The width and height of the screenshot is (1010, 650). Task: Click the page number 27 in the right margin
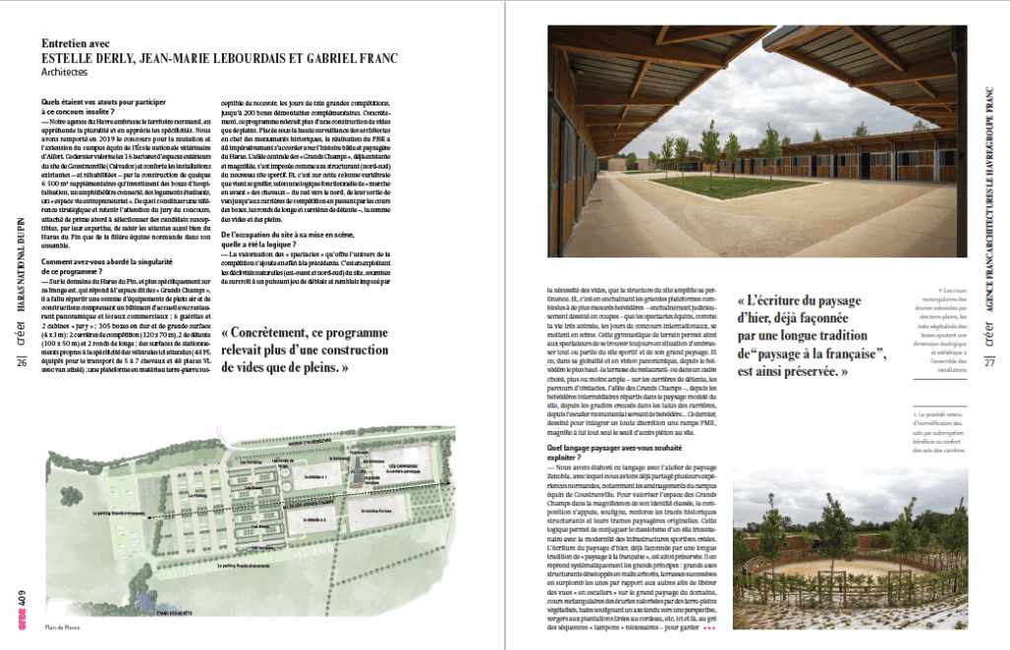988,363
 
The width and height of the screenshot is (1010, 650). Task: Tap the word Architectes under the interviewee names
64,72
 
